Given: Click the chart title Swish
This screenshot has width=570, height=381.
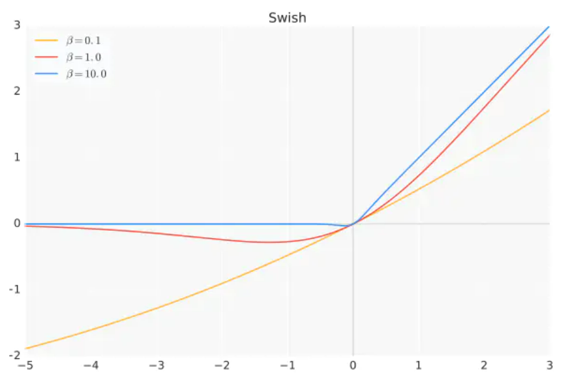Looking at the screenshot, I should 287,18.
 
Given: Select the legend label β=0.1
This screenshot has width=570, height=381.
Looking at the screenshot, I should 83,41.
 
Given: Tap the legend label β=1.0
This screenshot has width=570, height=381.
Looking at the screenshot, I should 83,58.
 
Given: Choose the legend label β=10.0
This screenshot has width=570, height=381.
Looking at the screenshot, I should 86,74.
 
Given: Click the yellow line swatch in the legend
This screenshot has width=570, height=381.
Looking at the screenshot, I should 46,41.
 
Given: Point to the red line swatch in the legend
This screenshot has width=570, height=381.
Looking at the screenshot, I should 46,58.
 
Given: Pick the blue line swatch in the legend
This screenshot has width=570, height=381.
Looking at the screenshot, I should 46,74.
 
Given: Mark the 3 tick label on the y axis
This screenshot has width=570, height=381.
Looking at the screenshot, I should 17,25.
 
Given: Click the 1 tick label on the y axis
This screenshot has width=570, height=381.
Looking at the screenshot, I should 17,158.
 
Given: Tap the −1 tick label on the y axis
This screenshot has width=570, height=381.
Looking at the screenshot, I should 14,290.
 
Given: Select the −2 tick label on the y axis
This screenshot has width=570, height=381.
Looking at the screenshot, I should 14,355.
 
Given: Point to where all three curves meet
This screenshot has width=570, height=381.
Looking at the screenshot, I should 354,223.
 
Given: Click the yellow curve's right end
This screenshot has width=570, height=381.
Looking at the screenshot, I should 549,110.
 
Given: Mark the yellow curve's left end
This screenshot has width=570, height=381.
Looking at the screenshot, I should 26,348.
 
